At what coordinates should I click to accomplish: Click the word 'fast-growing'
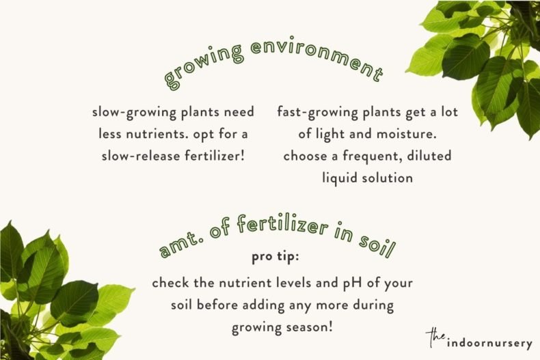pos(316,111)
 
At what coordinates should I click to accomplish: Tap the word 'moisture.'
pos(418,133)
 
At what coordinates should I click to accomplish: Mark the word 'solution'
pos(389,177)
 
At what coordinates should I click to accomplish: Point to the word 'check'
pos(170,282)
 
